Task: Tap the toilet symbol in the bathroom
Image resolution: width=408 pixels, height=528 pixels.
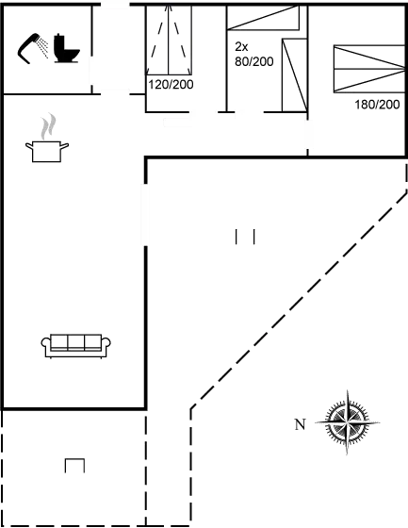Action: coord(66,48)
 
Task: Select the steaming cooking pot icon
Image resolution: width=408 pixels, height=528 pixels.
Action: coord(45,140)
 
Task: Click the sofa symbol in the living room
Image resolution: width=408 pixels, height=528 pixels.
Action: coord(74,345)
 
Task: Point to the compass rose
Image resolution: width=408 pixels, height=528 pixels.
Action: coord(347,423)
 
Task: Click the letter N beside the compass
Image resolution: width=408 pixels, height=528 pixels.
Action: coord(300,423)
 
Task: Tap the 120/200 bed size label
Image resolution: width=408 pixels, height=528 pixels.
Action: coord(170,85)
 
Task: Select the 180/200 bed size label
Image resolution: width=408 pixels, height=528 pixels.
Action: coord(377,104)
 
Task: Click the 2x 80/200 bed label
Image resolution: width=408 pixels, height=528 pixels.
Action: coord(253,54)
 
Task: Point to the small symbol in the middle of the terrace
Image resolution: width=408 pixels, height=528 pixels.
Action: coord(246,236)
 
